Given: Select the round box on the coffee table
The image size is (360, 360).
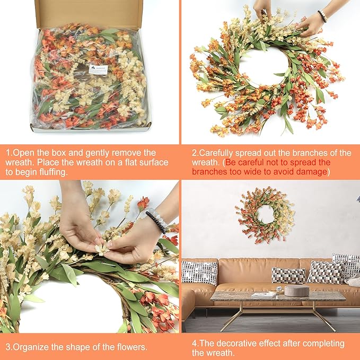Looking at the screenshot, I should tap(296, 291).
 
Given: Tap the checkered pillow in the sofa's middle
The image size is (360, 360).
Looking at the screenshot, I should tap(288, 275).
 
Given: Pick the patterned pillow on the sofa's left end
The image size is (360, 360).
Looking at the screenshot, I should tap(199, 273).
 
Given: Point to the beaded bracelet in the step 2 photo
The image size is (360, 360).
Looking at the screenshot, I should tap(322, 16).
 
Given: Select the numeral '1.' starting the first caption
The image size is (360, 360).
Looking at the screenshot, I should tap(9, 153).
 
